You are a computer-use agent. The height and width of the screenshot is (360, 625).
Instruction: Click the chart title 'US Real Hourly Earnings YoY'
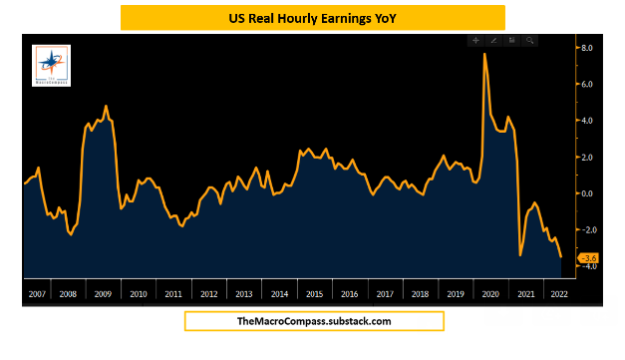click(312, 17)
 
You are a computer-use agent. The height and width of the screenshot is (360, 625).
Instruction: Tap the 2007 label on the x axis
click(37, 294)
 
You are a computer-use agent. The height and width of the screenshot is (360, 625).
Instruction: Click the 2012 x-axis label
click(209, 294)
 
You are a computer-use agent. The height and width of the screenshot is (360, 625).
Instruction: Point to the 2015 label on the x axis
click(314, 294)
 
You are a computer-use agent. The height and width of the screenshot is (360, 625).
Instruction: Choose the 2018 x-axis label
click(420, 294)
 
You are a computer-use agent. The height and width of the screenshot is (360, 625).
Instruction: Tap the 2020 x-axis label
click(489, 294)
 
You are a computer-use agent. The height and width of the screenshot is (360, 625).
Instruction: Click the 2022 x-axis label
click(558, 294)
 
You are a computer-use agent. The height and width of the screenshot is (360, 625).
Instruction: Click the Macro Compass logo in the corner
click(51, 65)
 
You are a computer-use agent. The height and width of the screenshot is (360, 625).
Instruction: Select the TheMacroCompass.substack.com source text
click(313, 321)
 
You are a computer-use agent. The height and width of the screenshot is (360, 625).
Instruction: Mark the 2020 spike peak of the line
click(484, 54)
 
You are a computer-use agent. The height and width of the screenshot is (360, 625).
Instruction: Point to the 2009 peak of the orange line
click(107, 106)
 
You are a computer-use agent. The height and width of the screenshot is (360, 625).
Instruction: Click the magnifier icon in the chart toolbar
click(530, 41)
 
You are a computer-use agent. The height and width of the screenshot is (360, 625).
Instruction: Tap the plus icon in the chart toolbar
click(476, 41)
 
